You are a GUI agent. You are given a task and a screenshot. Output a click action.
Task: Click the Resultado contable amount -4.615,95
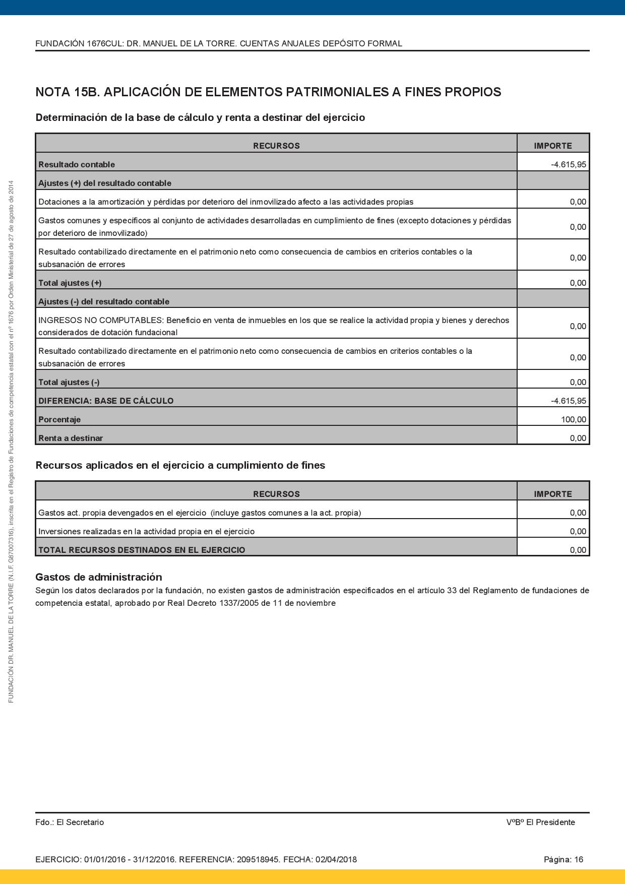568,164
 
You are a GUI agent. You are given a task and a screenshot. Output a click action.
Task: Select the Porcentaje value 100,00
573,419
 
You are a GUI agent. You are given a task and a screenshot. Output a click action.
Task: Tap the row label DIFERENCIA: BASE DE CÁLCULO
106,401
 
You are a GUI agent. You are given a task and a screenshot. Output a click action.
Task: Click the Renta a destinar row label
71,438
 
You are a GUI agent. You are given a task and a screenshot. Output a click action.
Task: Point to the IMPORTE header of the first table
553,146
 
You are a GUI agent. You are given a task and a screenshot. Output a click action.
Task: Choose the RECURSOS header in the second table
276,494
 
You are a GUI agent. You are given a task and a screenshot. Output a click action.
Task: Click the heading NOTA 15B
268,92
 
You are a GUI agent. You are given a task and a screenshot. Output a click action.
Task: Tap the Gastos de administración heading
99,577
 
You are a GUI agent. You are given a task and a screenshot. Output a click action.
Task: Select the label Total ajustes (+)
70,283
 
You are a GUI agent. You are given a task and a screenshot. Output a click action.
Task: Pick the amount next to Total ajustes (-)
578,382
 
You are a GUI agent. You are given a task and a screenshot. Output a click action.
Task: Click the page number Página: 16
563,859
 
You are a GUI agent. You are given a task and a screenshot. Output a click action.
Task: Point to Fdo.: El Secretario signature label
70,822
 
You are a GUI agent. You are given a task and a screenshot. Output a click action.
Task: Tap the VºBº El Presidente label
540,822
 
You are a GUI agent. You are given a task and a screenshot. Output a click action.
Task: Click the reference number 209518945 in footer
257,859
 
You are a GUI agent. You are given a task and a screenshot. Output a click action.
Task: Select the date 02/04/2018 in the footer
336,859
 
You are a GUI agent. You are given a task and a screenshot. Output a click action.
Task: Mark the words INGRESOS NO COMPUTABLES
101,321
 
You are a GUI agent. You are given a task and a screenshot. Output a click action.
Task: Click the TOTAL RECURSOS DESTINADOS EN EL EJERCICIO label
142,550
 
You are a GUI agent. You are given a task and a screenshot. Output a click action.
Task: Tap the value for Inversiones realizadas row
578,531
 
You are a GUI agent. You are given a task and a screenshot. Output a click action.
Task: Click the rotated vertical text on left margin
11,441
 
